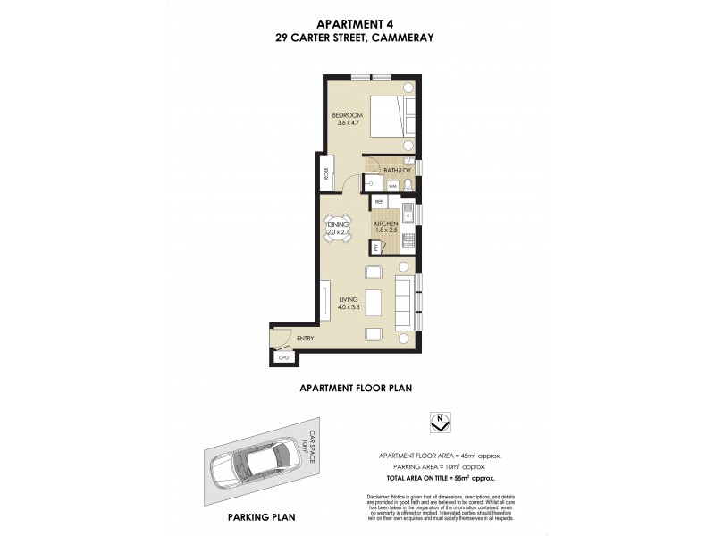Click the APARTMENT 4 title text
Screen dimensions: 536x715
pyautogui.click(x=357, y=24)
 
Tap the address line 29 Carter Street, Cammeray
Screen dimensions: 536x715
pyautogui.click(x=357, y=38)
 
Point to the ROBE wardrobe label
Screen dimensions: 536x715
pyautogui.click(x=325, y=173)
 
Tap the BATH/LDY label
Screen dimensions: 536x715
pyautogui.click(x=396, y=170)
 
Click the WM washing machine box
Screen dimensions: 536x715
pyautogui.click(x=392, y=185)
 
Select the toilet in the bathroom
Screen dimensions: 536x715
pyautogui.click(x=408, y=185)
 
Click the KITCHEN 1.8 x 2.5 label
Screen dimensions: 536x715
pyautogui.click(x=385, y=227)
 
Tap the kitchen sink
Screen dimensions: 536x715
pyautogui.click(x=407, y=214)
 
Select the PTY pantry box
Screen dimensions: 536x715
pyautogui.click(x=376, y=247)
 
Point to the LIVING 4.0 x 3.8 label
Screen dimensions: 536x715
pyautogui.click(x=348, y=303)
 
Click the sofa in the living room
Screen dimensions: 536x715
pyautogui.click(x=404, y=300)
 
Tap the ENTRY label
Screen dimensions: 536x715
pyautogui.click(x=305, y=339)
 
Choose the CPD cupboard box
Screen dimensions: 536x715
pyautogui.click(x=285, y=357)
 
